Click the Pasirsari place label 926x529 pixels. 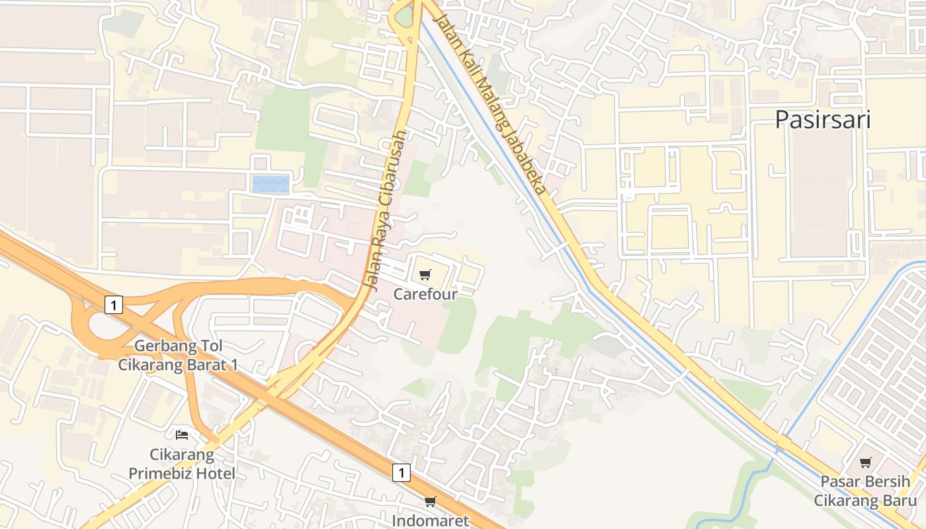pyautogui.click(x=822, y=120)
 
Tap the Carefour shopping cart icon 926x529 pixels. pyautogui.click(x=425, y=274)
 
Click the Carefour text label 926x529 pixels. pyautogui.click(x=425, y=294)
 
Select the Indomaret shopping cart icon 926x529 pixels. pyautogui.click(x=431, y=502)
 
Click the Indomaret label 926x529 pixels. pyautogui.click(x=430, y=520)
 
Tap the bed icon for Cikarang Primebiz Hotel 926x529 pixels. pyautogui.click(x=182, y=435)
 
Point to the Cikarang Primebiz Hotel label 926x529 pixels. pyautogui.click(x=182, y=464)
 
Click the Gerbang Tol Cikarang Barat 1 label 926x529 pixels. pyautogui.click(x=178, y=355)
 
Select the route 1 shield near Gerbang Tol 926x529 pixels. pyautogui.click(x=114, y=305)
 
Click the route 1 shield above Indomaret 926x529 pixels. pyautogui.click(x=401, y=472)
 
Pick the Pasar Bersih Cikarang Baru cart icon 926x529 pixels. pyautogui.click(x=866, y=463)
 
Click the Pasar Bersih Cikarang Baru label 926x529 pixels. pyautogui.click(x=866, y=491)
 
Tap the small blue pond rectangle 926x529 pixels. pyautogui.click(x=271, y=184)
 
